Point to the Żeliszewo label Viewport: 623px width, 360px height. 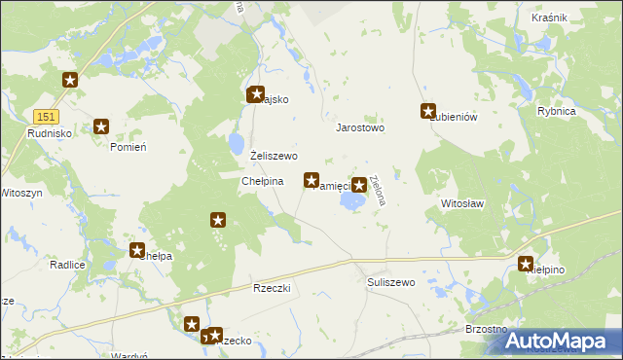tap(274, 156)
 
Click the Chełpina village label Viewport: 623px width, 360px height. tap(262, 181)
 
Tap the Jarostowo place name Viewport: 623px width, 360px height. tap(360, 127)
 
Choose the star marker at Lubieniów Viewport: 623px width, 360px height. tap(427, 111)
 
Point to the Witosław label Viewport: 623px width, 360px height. tap(462, 204)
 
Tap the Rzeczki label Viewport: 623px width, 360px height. tap(272, 289)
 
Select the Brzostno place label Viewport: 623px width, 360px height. tap(485, 330)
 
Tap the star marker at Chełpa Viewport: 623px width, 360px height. tap(137, 250)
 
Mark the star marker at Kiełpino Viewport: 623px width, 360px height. tap(527, 263)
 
